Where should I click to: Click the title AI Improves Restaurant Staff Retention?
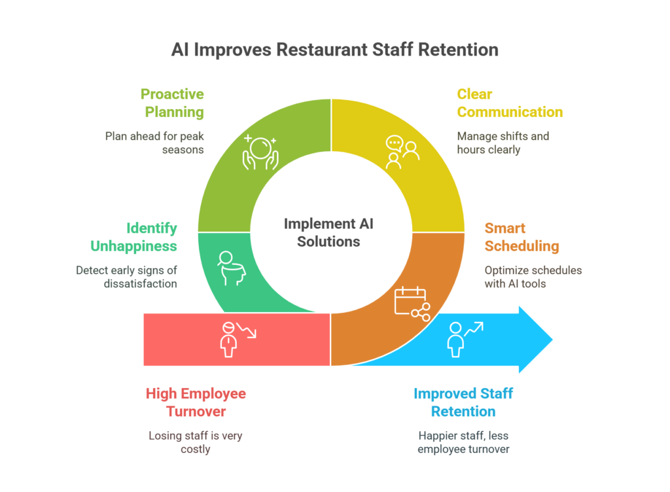(x=334, y=50)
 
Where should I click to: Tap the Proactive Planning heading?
(x=172, y=103)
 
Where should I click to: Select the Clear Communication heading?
(x=510, y=103)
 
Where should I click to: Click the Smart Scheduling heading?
(x=521, y=237)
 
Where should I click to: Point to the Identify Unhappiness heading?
(x=133, y=237)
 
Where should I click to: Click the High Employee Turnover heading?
(x=196, y=402)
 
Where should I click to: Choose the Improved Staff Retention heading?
(x=463, y=402)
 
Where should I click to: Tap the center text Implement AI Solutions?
(x=328, y=233)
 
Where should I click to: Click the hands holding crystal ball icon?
(x=260, y=152)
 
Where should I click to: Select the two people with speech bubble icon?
(x=402, y=152)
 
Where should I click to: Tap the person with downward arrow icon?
(x=238, y=340)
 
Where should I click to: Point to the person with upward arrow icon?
(x=465, y=340)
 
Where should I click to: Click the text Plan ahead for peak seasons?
(x=154, y=143)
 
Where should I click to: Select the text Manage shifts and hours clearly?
(x=503, y=143)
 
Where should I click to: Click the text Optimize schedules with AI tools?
(x=533, y=277)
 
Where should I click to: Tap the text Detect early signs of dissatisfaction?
(x=126, y=277)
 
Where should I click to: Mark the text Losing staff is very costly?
(x=196, y=442)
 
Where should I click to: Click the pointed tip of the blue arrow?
(x=552, y=340)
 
